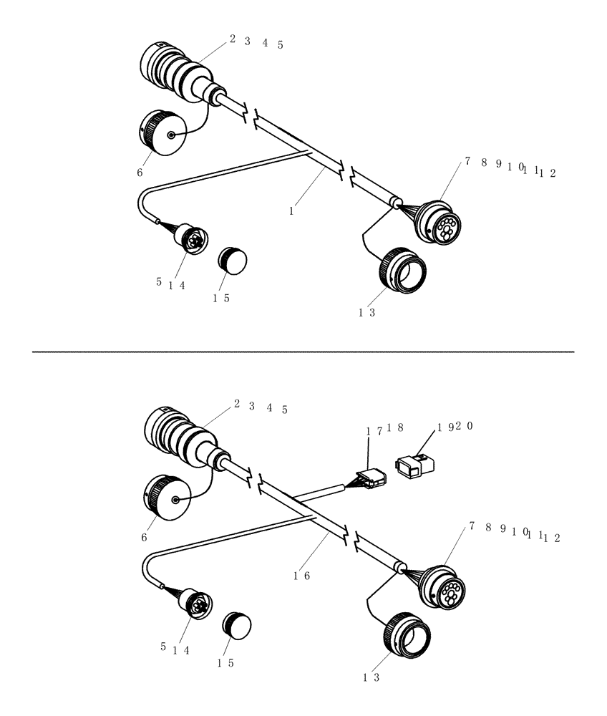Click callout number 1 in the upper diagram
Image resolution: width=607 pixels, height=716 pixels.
(291, 212)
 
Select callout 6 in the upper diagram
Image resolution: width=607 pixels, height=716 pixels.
(140, 173)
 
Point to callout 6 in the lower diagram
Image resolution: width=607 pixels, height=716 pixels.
(144, 537)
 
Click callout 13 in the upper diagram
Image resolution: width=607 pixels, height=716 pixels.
(367, 312)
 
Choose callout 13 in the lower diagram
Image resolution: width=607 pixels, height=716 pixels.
(370, 677)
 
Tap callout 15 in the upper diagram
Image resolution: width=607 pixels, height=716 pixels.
(220, 299)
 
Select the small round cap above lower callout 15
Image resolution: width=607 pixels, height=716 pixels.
(236, 624)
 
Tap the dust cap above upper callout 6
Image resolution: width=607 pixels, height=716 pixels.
(160, 133)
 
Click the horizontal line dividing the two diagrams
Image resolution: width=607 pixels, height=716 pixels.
(303, 352)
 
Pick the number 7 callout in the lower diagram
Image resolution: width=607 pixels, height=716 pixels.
(472, 526)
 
